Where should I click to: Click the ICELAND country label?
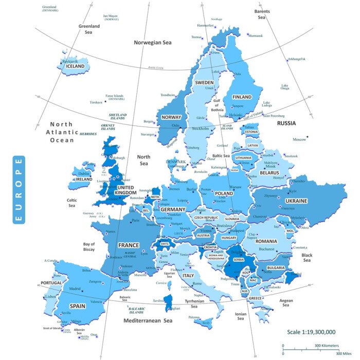[75, 66]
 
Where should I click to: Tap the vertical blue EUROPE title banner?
[19, 190]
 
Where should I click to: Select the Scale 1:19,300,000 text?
[311, 332]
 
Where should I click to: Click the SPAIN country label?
[77, 305]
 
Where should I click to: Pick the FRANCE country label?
[128, 245]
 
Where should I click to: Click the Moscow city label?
[299, 139]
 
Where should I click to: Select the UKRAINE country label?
[296, 201]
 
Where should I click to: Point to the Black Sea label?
[307, 258]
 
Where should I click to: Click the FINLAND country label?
[242, 97]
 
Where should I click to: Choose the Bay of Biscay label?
[89, 247]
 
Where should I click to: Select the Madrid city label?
[75, 289]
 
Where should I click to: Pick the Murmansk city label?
[256, 35]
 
